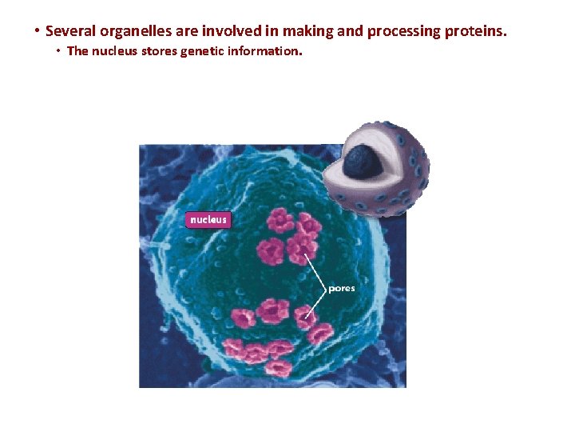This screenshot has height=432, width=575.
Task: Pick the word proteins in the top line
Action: pyautogui.click(x=476, y=32)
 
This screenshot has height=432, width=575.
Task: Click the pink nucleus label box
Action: pyautogui.click(x=208, y=219)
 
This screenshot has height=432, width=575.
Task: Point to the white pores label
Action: pyautogui.click(x=342, y=289)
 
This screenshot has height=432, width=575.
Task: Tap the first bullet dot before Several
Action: pyautogui.click(x=37, y=32)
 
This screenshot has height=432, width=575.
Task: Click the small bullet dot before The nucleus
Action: pyautogui.click(x=59, y=51)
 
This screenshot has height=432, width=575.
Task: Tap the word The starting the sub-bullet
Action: pyautogui.click(x=77, y=51)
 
